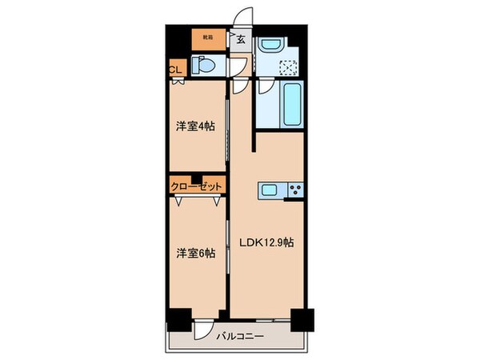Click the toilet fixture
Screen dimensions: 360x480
(203, 68)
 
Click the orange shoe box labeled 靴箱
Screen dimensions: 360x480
(207, 37)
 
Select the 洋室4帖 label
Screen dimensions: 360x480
(195, 126)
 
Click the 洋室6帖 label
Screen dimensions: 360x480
(195, 254)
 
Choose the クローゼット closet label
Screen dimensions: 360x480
(195, 186)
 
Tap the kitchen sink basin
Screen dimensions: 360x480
(270, 190)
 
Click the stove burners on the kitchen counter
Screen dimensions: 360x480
(295, 190)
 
